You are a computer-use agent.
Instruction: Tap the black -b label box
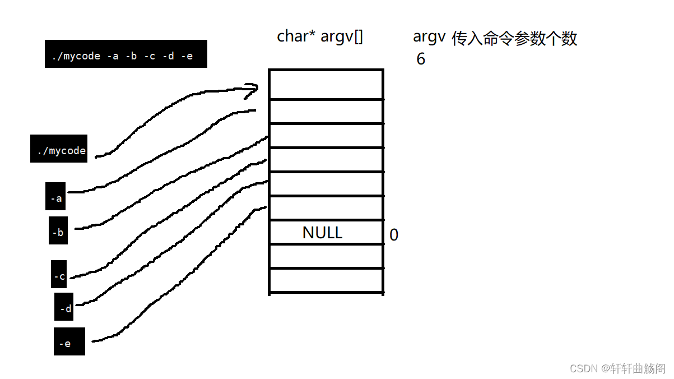pos(58,231)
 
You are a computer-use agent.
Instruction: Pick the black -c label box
pos(59,275)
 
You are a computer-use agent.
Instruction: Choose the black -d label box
pos(64,307)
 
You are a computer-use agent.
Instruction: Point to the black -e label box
pos(69,342)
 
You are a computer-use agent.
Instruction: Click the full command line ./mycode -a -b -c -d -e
pos(125,54)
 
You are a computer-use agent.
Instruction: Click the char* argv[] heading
pos(320,37)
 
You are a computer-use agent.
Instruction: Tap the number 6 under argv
pos(421,59)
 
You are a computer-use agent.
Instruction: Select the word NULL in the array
pos(322,233)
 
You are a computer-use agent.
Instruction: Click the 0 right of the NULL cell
pos(394,235)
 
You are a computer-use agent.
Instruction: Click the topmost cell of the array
pos(326,84)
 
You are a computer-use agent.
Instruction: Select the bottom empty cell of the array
pos(326,280)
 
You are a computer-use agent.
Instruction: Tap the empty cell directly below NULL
pos(326,256)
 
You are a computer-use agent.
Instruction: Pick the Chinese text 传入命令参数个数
pos(514,39)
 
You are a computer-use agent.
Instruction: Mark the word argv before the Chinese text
pos(429,37)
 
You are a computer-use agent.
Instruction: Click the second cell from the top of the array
pos(326,112)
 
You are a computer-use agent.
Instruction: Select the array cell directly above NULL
pos(326,208)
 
